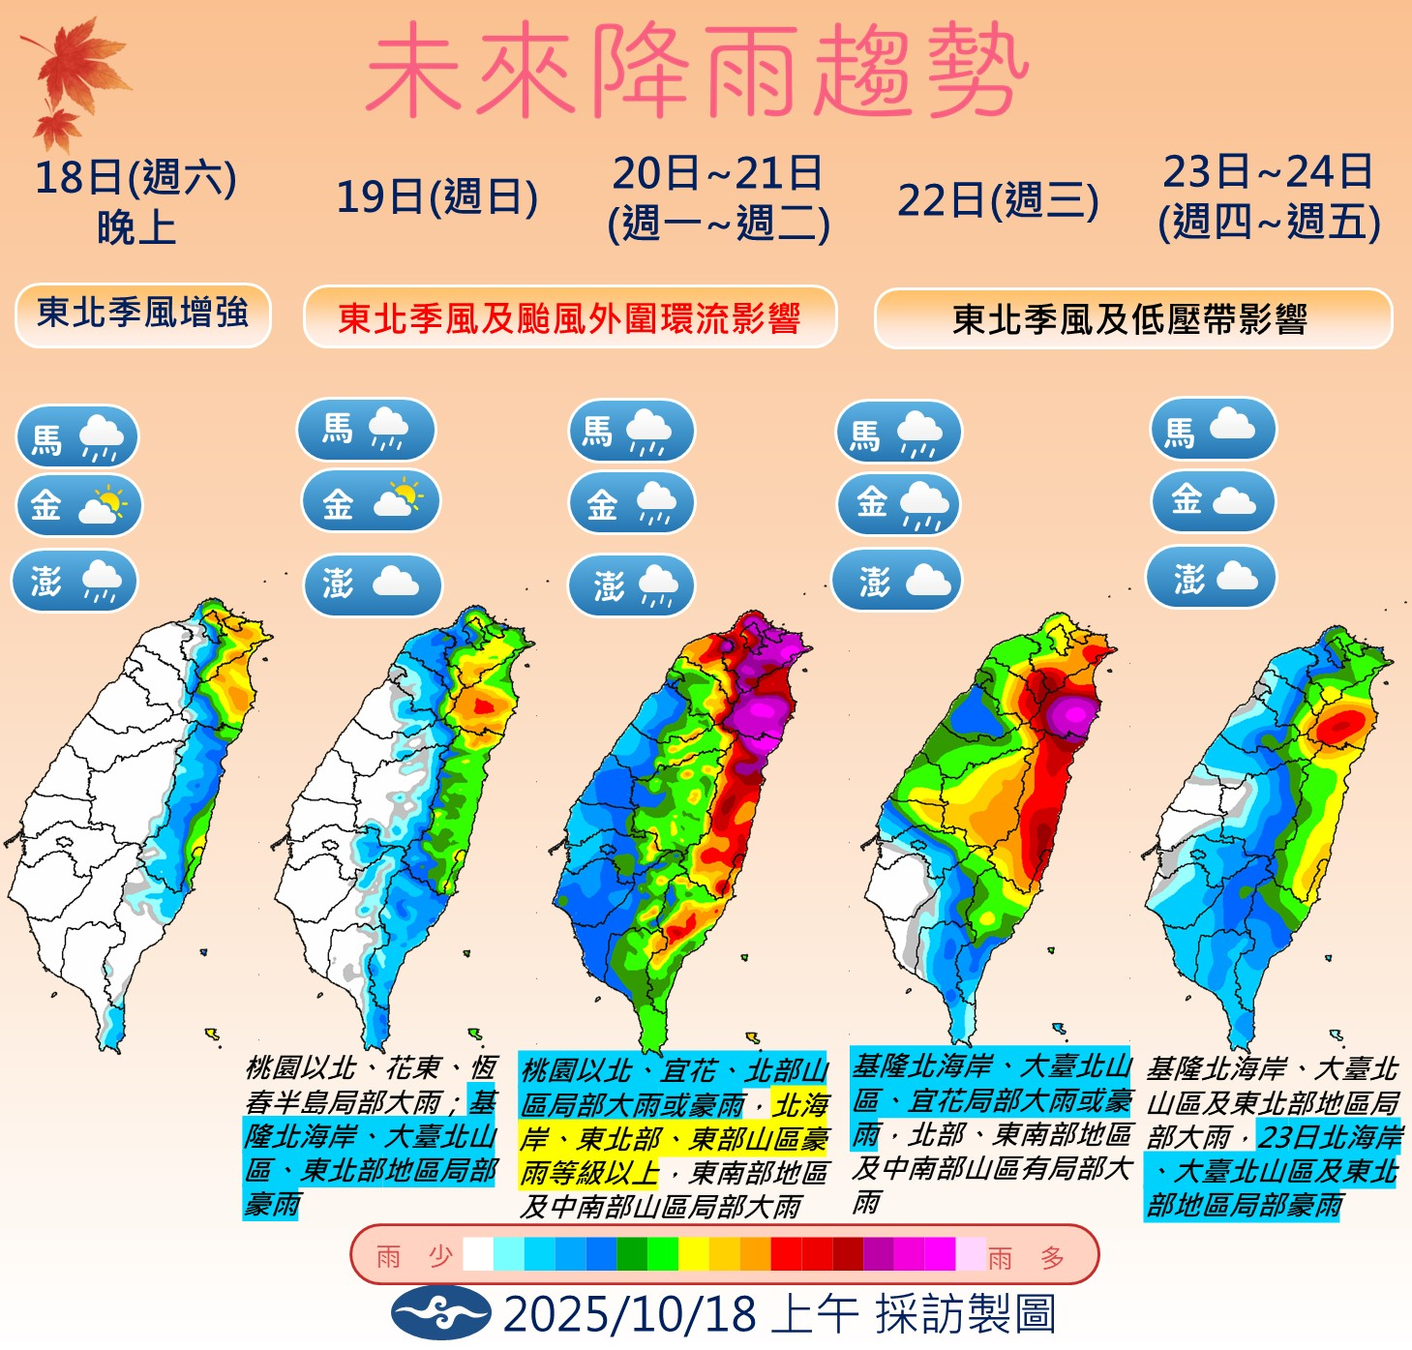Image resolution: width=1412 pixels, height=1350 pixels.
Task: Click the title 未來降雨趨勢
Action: [x=696, y=70]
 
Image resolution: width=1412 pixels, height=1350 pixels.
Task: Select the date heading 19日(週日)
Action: [x=436, y=197]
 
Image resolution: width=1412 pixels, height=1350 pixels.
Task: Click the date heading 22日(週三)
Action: [x=998, y=201]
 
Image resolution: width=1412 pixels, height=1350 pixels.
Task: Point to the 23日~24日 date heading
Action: [x=1269, y=197]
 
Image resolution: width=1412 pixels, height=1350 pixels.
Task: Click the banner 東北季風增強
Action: [x=143, y=315]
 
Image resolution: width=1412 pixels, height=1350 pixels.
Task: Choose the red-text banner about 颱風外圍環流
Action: [x=569, y=317]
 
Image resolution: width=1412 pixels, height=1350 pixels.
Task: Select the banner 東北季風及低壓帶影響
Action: [x=1132, y=319]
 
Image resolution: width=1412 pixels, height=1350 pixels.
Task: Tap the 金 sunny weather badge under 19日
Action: [x=371, y=501]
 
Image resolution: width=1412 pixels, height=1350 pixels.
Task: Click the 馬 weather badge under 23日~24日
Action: [x=1213, y=430]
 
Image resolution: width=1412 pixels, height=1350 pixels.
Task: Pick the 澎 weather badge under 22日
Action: [x=897, y=580]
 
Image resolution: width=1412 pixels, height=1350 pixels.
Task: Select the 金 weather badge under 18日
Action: [x=78, y=504]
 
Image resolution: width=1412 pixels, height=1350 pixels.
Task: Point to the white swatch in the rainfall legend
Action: [x=478, y=1254]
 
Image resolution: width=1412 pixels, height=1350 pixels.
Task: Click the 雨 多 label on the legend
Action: [x=1027, y=1257]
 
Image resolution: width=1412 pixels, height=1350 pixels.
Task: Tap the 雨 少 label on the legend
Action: [x=414, y=1256]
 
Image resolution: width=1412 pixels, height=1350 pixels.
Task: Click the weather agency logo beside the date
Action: [x=440, y=1313]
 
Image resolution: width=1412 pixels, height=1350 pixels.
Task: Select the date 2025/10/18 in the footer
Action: [x=629, y=1314]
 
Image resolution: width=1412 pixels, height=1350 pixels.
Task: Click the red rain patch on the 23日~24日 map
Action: [x=1341, y=726]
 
